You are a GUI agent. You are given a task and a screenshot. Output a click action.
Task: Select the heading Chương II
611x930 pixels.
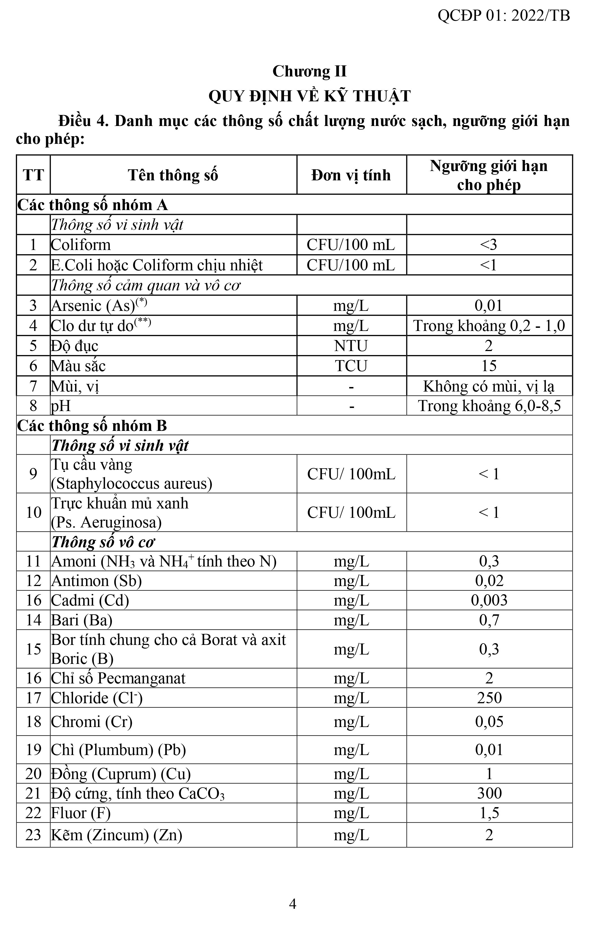coord(309,72)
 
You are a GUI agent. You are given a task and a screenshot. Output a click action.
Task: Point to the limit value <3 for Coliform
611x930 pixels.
coord(489,245)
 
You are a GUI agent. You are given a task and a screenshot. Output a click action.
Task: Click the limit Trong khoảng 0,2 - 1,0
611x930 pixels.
coord(489,326)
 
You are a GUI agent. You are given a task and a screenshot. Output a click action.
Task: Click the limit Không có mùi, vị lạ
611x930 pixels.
coord(489,386)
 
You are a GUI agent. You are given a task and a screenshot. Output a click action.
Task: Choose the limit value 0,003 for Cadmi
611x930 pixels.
coord(489,600)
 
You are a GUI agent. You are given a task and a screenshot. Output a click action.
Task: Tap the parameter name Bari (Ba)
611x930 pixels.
coord(82,620)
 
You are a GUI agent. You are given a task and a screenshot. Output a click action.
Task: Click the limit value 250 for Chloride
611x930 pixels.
coord(489,698)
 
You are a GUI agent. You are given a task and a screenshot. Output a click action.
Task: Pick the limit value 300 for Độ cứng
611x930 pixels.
coord(489,794)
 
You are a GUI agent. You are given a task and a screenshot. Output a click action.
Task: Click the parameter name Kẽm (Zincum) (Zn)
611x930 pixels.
coord(116,835)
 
